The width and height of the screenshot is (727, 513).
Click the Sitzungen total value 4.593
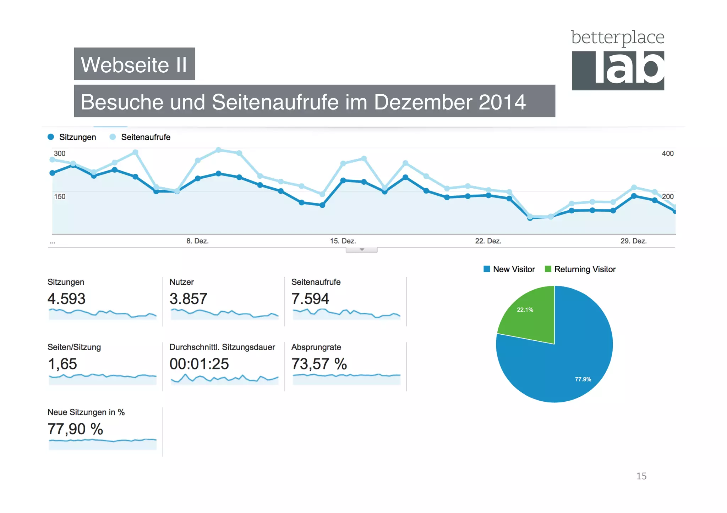pos(66,299)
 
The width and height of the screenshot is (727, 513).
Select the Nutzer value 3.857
pos(188,299)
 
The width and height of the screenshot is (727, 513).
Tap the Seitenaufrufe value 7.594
pos(310,299)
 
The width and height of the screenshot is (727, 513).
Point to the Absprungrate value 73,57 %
pos(319,364)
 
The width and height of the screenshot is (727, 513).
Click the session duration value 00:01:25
pos(199,364)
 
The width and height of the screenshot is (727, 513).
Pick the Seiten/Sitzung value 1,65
pos(62,364)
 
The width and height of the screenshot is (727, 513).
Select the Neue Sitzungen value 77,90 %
pos(75,429)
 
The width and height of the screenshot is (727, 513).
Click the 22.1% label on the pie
pos(525,310)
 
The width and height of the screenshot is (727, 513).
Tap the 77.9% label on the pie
pos(583,379)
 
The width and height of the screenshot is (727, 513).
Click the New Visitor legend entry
pos(509,269)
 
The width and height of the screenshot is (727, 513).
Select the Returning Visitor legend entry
pos(580,269)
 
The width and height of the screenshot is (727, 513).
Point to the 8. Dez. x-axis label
pos(197,241)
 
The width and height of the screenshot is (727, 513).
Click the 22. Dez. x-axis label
pos(488,241)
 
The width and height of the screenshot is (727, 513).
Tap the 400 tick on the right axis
pos(667,154)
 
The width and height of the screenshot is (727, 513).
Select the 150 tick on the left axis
pos(60,196)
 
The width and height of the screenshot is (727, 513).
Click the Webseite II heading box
pos(134,64)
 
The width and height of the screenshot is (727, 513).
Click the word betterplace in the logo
pos(617,37)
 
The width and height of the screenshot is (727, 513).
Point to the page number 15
pos(641,476)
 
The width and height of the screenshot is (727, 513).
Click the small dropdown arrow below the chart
pos(362,250)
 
